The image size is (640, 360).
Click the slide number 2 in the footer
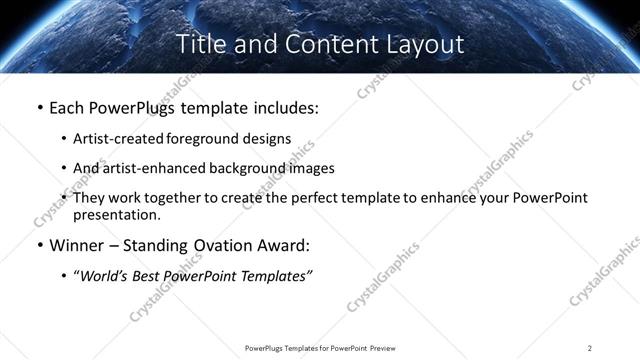[x=589, y=347]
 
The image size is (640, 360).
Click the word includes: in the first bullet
[x=283, y=107]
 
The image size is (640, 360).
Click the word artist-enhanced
[x=150, y=168]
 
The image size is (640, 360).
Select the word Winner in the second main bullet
[x=78, y=245]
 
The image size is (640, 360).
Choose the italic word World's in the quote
[x=104, y=276]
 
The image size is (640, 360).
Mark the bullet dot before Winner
[x=39, y=246]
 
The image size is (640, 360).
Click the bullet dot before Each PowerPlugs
[x=39, y=108]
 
